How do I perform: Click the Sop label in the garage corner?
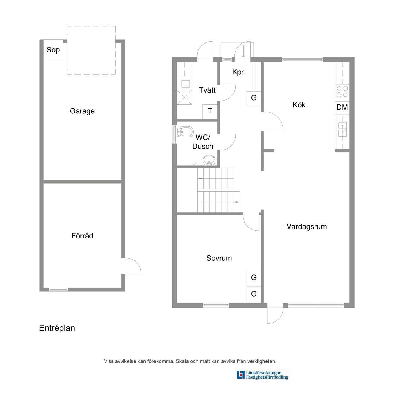point(53,50)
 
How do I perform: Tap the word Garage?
point(82,111)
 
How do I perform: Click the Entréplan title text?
point(57,328)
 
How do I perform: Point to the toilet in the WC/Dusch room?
point(185,132)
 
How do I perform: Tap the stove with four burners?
point(342,92)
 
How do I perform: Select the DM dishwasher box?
point(342,107)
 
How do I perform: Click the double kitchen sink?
point(342,129)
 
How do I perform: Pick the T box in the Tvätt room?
point(210,111)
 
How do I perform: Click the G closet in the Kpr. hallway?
point(254,98)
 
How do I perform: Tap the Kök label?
point(299,105)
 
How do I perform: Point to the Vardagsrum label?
point(306,226)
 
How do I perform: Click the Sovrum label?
point(219,258)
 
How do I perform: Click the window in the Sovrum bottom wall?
point(216,305)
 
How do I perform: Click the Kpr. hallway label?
point(239,72)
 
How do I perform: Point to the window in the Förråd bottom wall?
point(58,289)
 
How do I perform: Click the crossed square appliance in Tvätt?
point(184,97)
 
